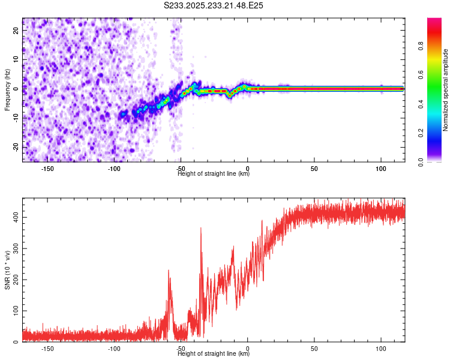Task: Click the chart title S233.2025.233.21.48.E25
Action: click(214, 5)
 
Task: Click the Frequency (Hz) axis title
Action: click(8, 89)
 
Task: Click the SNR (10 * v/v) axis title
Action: click(8, 270)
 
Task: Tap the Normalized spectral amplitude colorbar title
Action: click(445, 89)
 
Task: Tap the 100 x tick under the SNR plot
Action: click(381, 348)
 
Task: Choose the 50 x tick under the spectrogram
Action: click(314, 168)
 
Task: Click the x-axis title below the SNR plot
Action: click(214, 354)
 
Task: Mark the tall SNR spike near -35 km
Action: click(201, 229)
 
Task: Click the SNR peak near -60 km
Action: click(169, 271)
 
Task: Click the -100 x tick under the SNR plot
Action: click(114, 348)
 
